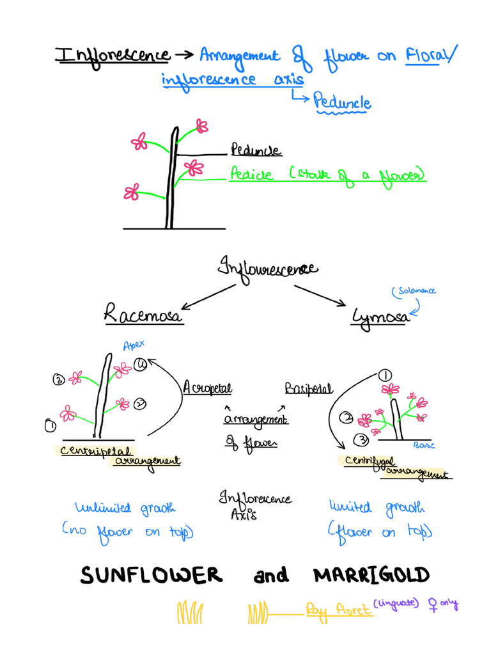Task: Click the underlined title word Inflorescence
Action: tap(113, 56)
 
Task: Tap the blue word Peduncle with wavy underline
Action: tap(343, 102)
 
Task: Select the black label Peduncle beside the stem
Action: tap(255, 151)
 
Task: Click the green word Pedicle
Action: tap(251, 175)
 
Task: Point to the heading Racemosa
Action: tap(143, 314)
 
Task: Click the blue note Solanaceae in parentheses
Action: tap(414, 292)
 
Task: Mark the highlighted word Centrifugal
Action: tap(369, 461)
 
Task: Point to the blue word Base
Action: tap(425, 445)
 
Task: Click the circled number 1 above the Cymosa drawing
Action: tap(386, 375)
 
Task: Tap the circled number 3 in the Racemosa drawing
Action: tap(58, 380)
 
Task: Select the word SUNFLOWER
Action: tap(151, 576)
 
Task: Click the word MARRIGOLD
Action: tap(371, 576)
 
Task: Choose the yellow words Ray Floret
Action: tap(338, 610)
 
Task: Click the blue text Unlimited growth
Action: tap(125, 508)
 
